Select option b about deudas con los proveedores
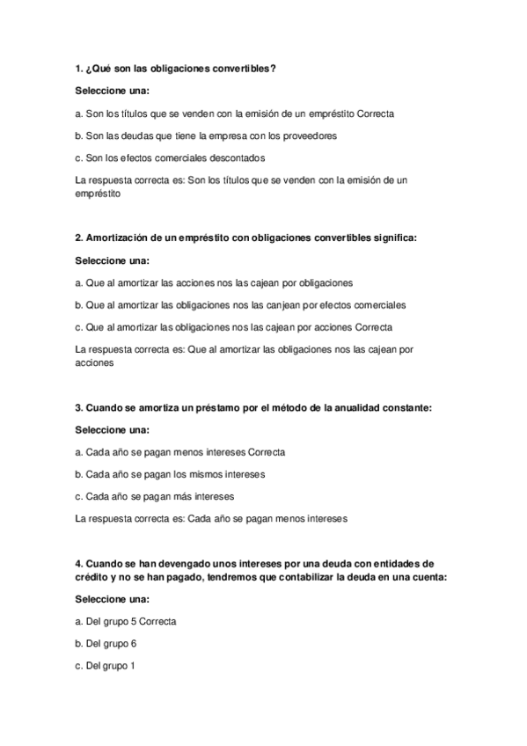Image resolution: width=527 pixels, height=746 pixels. (206, 135)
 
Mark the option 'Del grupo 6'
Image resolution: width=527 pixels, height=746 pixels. (106, 643)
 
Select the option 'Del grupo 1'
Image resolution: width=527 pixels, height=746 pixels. (106, 665)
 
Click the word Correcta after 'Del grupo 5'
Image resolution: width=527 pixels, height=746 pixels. (157, 621)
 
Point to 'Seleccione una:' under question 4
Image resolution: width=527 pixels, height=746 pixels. (113, 599)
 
